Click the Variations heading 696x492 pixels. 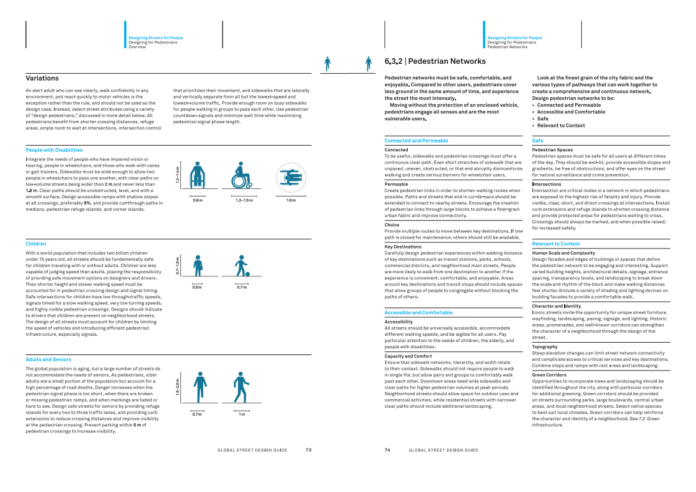pos(42,78)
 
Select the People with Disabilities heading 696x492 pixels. pos(54,150)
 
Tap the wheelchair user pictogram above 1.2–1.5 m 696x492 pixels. pos(241,176)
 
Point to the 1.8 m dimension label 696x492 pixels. pos(291,200)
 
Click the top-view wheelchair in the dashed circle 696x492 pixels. pos(291,177)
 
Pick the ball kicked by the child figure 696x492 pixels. pos(247,273)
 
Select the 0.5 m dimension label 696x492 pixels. pos(197,288)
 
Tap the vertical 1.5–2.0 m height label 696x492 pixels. pos(177,387)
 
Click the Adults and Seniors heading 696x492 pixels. pos(48,359)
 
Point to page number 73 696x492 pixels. pos(308,450)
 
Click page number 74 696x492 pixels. pos(387,450)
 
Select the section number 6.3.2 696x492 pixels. pos(394,61)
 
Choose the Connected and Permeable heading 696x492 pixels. pos(416,141)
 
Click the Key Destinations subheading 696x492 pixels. pos(403,247)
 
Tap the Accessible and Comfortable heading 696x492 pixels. pos(418,313)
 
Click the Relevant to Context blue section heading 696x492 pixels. pos(556,244)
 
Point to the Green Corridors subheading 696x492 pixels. pos(549,375)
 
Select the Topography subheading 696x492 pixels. pos(545,347)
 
